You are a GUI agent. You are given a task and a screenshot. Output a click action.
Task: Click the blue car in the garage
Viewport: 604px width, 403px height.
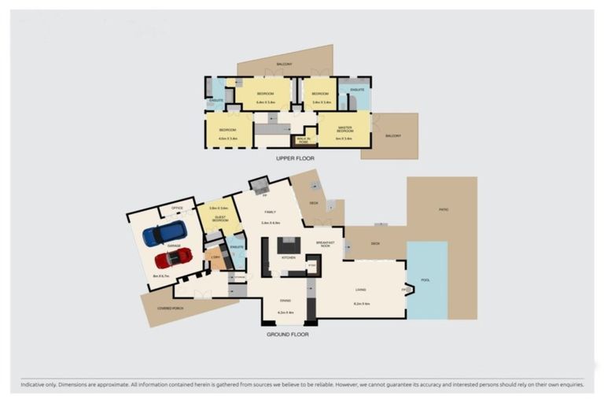(x=164, y=234)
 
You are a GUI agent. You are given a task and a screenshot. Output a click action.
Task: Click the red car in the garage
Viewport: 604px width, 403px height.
(x=173, y=258)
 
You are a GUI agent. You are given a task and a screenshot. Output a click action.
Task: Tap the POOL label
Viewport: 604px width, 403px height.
(x=425, y=280)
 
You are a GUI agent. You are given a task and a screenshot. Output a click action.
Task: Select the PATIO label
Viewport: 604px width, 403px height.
(x=444, y=209)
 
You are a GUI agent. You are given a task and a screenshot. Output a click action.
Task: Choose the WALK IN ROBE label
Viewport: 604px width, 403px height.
(x=304, y=141)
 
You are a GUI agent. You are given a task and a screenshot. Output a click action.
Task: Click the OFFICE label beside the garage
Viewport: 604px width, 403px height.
(x=177, y=209)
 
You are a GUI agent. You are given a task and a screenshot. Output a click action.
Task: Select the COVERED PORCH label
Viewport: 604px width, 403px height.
(x=170, y=308)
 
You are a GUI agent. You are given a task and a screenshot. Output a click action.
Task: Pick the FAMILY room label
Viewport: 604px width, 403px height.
(x=270, y=211)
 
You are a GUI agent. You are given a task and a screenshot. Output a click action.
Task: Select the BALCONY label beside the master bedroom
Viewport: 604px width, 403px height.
(x=393, y=136)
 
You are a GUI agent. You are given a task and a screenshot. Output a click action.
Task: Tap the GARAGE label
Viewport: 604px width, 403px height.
(x=173, y=246)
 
